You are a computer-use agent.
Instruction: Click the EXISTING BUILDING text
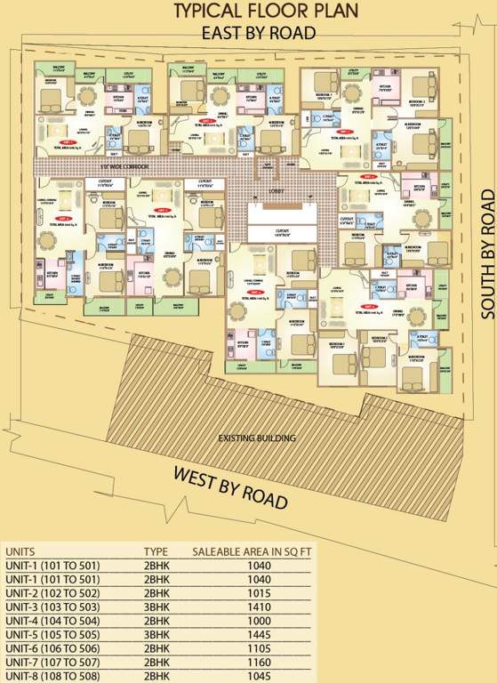(257, 438)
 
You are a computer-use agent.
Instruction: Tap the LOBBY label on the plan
(277, 190)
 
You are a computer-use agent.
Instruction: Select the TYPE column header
(156, 551)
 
